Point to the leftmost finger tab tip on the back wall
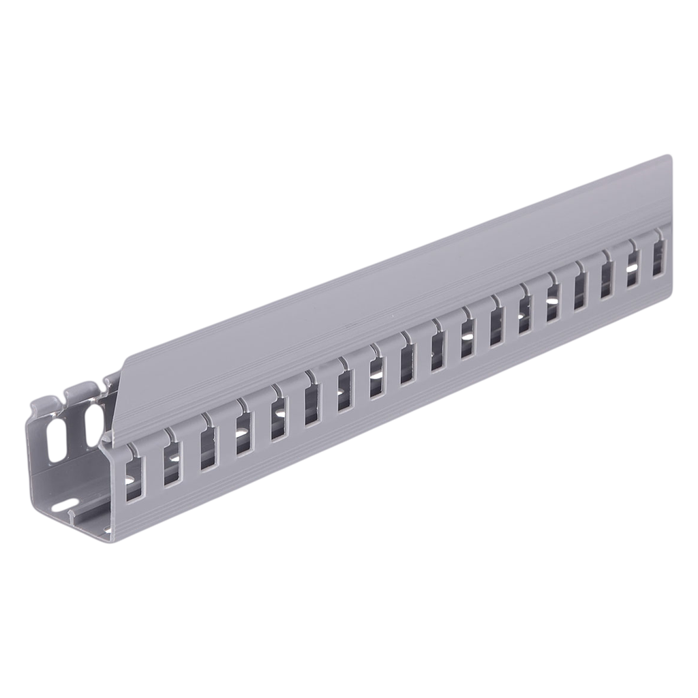tap(42, 401)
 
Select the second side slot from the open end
tap(172, 463)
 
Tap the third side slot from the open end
tap(208, 449)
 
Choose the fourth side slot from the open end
tap(243, 437)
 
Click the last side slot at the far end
tap(658, 258)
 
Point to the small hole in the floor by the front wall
tap(106, 531)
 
